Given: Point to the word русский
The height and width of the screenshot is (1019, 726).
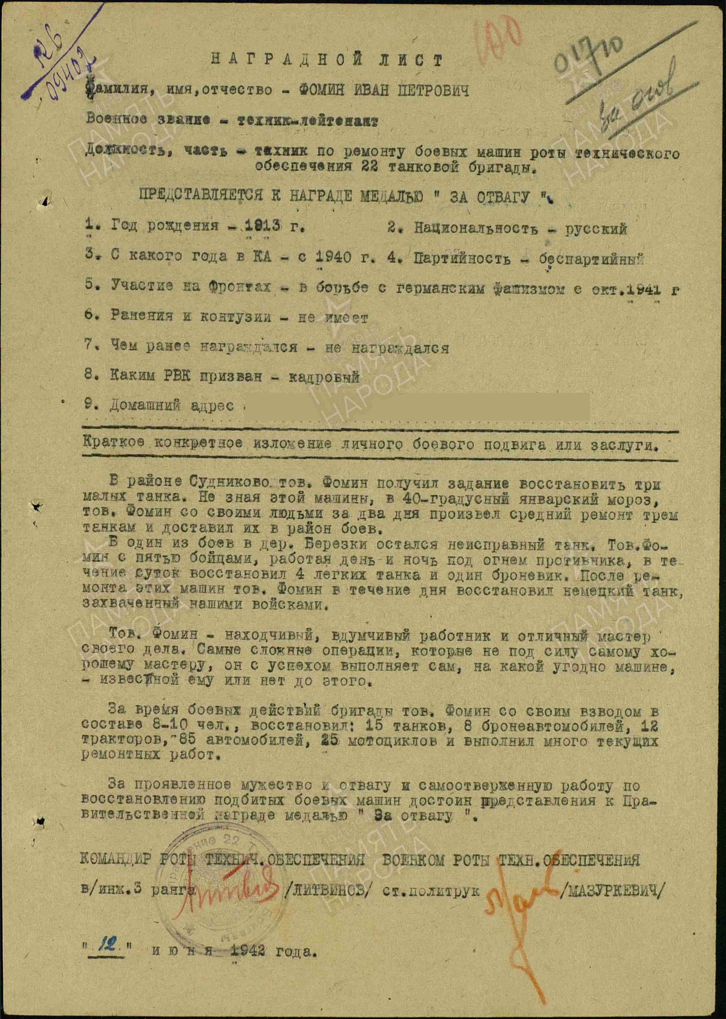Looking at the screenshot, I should click(x=596, y=229).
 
